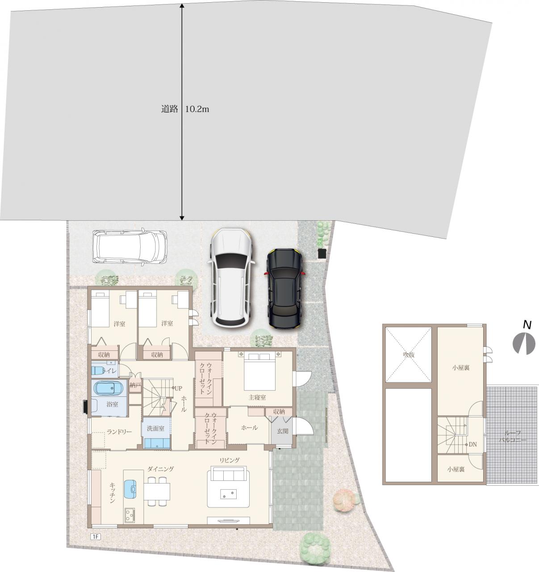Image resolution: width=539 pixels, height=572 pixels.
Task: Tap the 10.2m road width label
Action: (197, 109)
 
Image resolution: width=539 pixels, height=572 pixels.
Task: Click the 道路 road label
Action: (170, 109)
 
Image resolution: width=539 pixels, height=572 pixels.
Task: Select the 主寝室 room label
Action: (257, 397)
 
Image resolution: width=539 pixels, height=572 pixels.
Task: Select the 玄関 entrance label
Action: (283, 431)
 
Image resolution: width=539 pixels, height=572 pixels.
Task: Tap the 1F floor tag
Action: (95, 536)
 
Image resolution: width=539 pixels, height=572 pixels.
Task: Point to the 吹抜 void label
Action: (409, 355)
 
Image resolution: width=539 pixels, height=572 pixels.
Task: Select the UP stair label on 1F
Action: (178, 388)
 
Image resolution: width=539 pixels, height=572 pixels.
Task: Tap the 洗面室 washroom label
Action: (155, 428)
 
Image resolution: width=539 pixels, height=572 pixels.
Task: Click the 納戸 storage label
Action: (135, 385)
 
